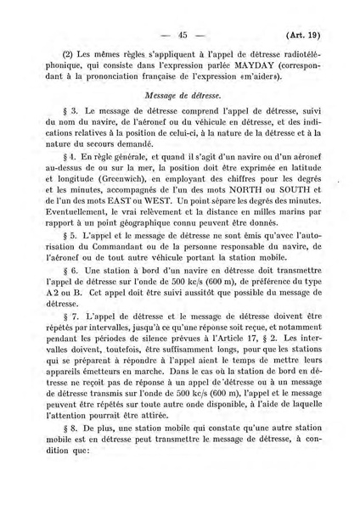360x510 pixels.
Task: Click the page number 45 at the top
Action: click(x=182, y=35)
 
